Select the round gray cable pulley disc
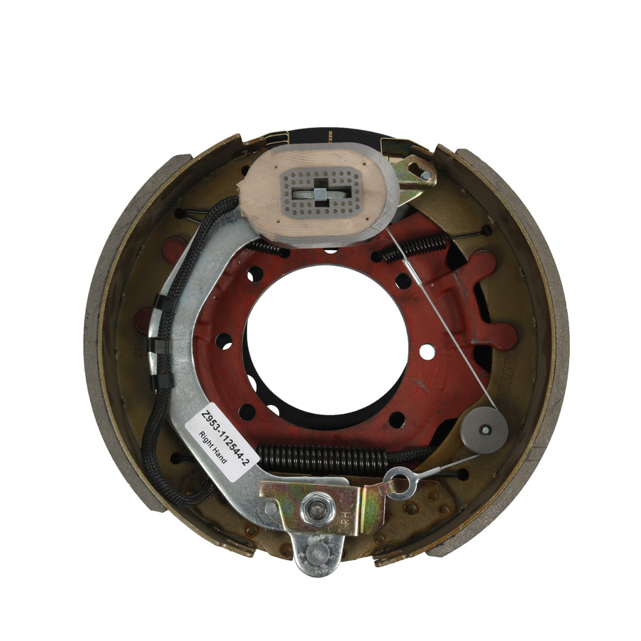point(484,430)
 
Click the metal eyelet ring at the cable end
point(398,482)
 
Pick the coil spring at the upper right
point(415,246)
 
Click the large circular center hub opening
point(327,340)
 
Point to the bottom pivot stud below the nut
point(315,556)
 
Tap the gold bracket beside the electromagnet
point(413,174)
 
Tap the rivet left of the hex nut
point(271,508)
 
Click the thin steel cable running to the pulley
point(442,320)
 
